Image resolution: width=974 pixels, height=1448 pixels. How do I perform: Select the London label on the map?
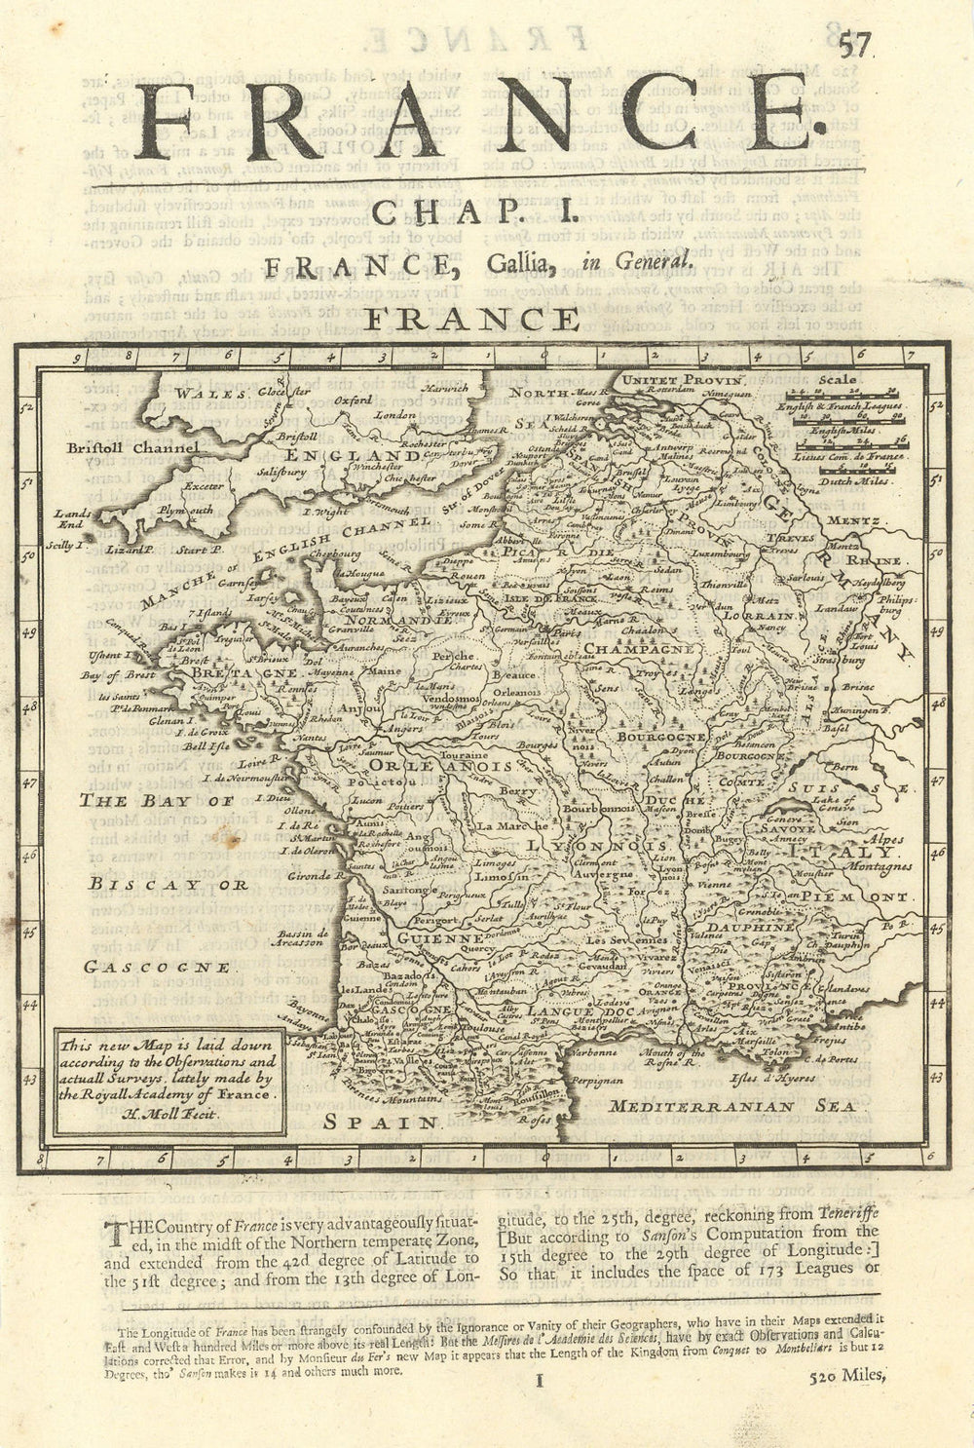point(395,413)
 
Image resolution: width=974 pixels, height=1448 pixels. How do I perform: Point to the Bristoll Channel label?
point(134,448)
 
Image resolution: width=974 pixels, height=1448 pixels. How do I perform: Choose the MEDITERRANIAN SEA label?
point(731,1106)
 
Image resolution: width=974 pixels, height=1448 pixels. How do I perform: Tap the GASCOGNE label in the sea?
point(157,967)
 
